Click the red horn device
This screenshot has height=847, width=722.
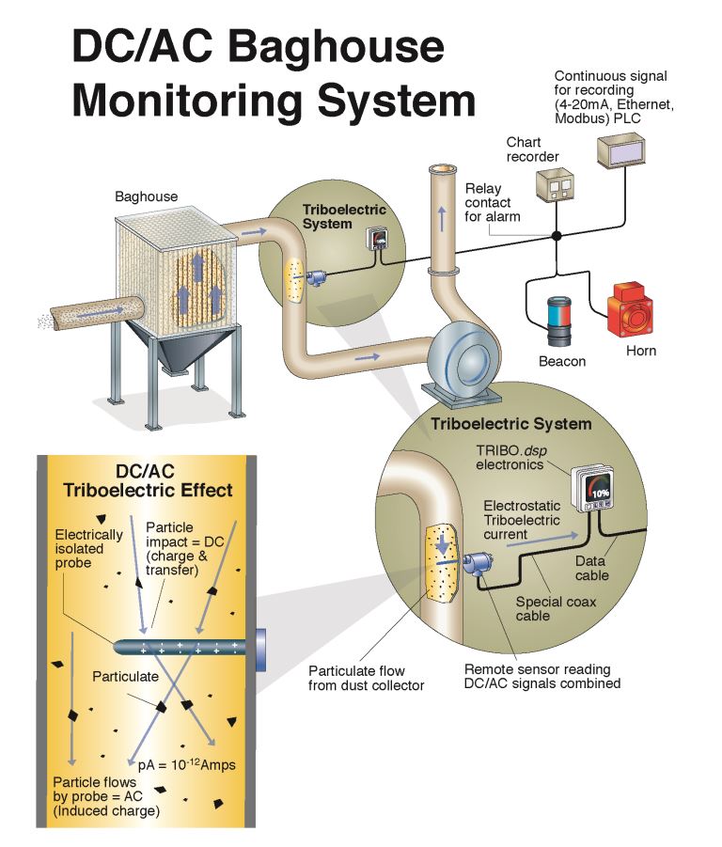click(631, 308)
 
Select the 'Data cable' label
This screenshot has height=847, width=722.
click(591, 568)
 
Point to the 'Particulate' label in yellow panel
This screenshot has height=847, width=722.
click(128, 676)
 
